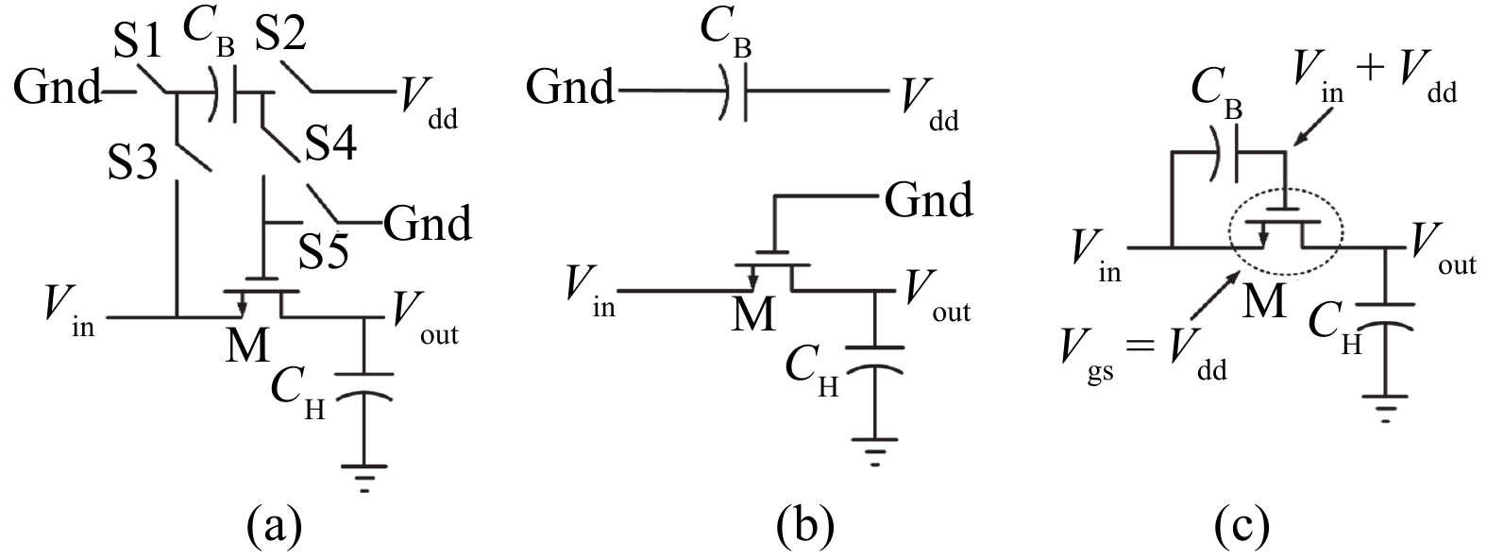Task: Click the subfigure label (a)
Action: point(274,522)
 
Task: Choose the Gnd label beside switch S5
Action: point(427,225)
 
